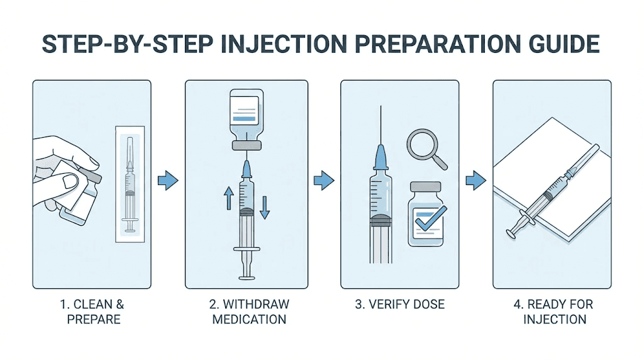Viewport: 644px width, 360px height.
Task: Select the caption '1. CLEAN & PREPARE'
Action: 92,312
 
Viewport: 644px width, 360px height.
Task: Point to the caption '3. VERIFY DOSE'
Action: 399,305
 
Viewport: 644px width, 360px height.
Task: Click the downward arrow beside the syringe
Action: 265,206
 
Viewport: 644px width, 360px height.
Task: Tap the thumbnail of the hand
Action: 70,181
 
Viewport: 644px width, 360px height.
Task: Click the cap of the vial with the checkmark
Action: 428,187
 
